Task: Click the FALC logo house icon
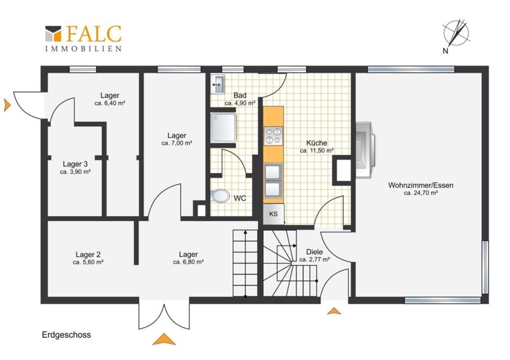(53, 34)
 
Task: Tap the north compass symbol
(456, 34)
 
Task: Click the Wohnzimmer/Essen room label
(421, 185)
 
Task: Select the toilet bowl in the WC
(220, 196)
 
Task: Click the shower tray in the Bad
(223, 127)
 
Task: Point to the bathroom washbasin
(217, 85)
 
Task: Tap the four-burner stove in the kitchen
(273, 136)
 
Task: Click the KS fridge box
(273, 213)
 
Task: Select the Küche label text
(316, 143)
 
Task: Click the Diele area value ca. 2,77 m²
(314, 259)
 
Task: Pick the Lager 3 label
(75, 164)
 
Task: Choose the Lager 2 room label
(88, 254)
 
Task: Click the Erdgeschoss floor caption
(66, 335)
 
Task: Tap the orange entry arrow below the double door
(164, 339)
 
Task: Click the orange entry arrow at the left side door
(7, 105)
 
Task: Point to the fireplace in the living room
(365, 150)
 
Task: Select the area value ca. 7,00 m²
(177, 143)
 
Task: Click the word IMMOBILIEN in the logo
(84, 49)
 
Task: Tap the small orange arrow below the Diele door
(334, 311)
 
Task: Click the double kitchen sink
(273, 181)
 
